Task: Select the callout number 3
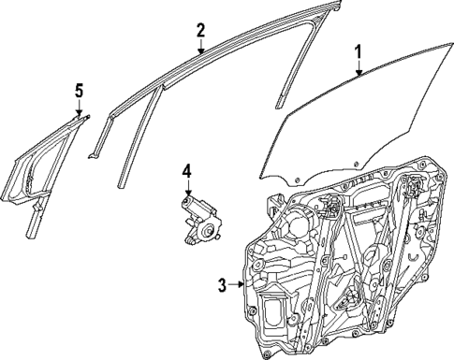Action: point(221,286)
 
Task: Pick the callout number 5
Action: point(80,90)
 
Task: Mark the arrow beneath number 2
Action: point(200,46)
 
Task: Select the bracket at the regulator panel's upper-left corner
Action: point(277,201)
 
